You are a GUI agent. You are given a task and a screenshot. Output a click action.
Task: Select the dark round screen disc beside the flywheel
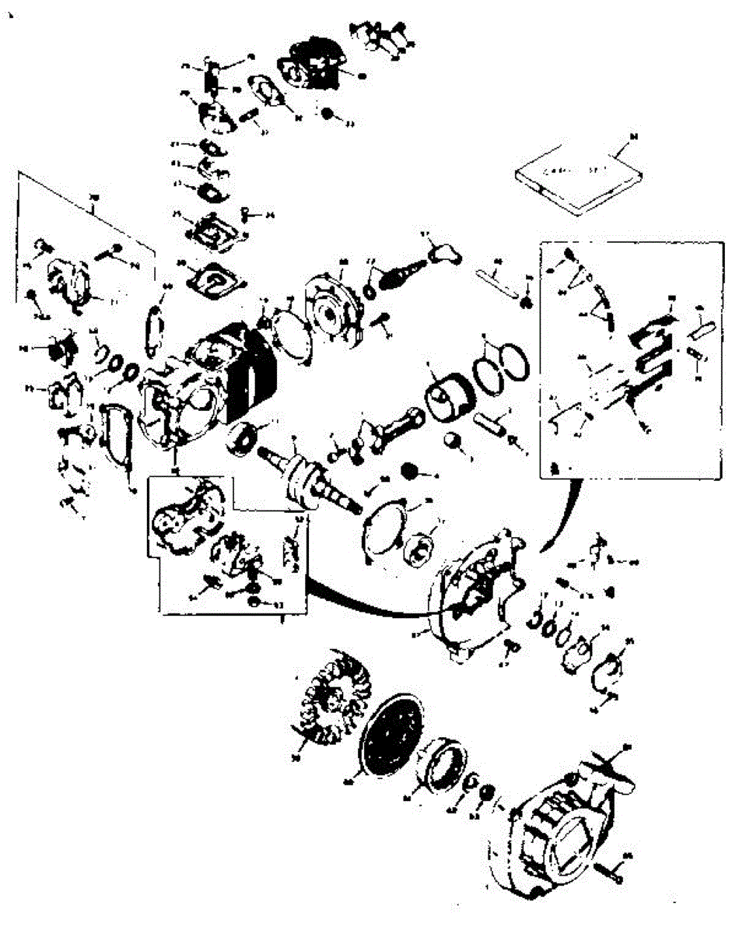[393, 735]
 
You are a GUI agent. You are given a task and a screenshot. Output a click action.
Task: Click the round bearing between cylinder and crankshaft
[242, 440]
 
